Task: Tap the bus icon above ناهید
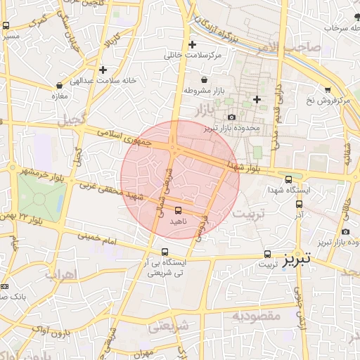(x=178, y=210)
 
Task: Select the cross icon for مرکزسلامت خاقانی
(x=192, y=44)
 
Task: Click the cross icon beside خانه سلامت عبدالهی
(x=103, y=70)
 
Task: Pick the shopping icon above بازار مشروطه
(x=204, y=80)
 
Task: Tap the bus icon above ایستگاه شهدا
(x=288, y=180)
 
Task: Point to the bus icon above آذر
(x=299, y=204)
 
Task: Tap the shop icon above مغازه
(x=58, y=85)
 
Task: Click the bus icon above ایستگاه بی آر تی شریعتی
(x=165, y=252)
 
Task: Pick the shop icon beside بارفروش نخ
(x=328, y=89)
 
